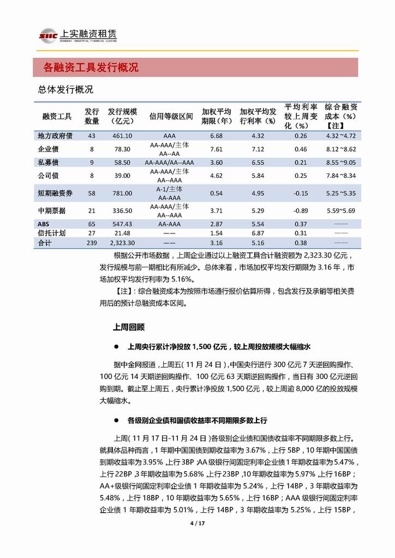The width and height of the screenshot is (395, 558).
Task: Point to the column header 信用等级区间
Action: point(171,116)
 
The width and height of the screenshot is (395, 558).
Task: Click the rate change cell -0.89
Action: point(301,209)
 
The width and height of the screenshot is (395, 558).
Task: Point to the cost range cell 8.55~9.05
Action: point(341,162)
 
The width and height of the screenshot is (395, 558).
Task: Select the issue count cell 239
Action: point(92,243)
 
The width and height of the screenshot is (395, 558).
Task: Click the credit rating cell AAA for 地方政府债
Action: point(169,136)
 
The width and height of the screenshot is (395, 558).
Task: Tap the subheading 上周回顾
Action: point(129,327)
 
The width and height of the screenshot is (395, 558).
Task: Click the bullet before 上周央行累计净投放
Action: point(116,347)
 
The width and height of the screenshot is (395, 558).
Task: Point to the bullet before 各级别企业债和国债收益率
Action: point(116,421)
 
